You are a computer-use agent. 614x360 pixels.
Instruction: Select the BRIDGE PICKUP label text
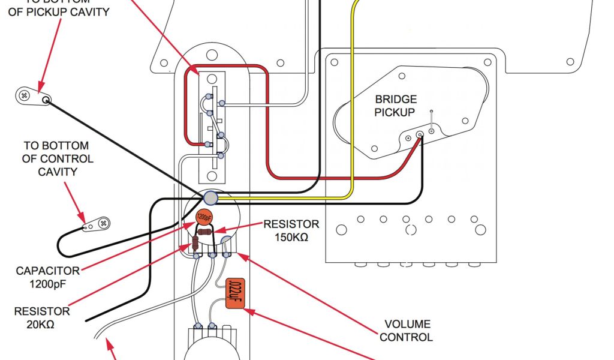(396, 106)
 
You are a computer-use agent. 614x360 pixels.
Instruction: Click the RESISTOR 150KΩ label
(291, 231)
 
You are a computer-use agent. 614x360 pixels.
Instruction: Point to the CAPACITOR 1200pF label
(48, 277)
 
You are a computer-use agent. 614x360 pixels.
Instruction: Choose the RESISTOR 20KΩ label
(42, 318)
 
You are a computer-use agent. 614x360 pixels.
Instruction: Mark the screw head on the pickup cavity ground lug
(24, 95)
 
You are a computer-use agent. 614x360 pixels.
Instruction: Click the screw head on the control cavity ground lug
(104, 223)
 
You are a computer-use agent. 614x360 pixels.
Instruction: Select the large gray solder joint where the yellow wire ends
(210, 197)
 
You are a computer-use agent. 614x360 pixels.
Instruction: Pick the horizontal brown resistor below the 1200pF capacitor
(206, 232)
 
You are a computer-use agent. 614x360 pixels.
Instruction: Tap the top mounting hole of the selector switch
(211, 79)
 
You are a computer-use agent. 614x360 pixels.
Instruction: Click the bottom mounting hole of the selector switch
(211, 176)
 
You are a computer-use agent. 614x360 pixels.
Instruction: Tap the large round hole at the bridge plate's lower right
(479, 230)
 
